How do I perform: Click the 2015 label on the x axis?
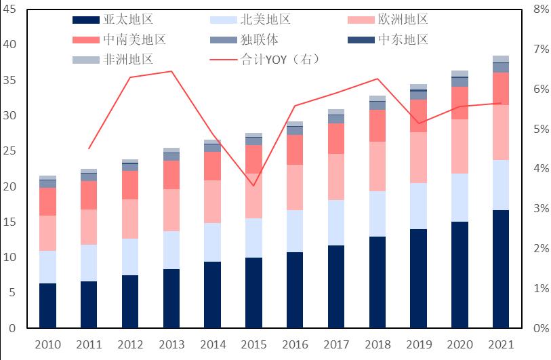click(253, 345)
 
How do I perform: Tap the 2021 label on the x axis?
click(501, 345)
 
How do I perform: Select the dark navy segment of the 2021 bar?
click(501, 269)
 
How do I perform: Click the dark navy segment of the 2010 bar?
click(47, 306)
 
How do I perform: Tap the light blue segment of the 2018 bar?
click(377, 214)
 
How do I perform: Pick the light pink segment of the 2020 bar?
click(460, 146)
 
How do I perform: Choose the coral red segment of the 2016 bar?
click(295, 150)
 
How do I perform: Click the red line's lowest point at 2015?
click(253, 186)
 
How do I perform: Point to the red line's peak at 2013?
click(171, 71)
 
